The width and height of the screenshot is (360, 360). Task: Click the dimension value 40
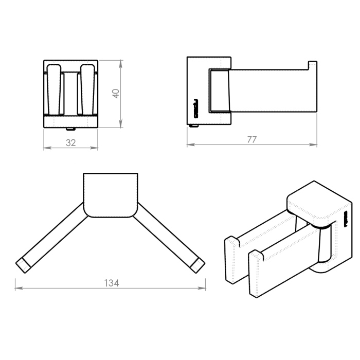point(116,94)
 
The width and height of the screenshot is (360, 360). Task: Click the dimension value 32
point(71,143)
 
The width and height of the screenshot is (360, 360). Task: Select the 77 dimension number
point(252,139)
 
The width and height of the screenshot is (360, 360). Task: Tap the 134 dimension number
point(112,283)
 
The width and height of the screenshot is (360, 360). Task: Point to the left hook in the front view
point(54,89)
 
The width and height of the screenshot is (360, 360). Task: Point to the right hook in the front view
point(87,89)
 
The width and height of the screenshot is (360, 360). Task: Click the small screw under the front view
point(71,129)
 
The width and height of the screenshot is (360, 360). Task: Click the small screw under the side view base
point(194,126)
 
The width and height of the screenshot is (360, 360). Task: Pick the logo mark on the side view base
point(195,109)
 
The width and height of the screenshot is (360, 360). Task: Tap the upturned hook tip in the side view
point(313,65)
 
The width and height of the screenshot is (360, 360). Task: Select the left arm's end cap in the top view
point(23,265)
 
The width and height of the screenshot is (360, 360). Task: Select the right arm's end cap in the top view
point(197,265)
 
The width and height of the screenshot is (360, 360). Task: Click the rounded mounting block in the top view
point(111,195)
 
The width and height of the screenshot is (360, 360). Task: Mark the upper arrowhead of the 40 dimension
point(121,64)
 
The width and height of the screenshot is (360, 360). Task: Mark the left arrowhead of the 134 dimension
point(19,288)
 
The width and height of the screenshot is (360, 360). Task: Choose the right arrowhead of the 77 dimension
point(313,145)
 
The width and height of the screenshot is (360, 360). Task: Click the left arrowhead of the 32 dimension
point(47,148)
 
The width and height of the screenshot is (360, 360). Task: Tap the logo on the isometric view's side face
point(346,219)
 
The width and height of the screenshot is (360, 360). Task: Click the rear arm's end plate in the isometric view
point(232,260)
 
